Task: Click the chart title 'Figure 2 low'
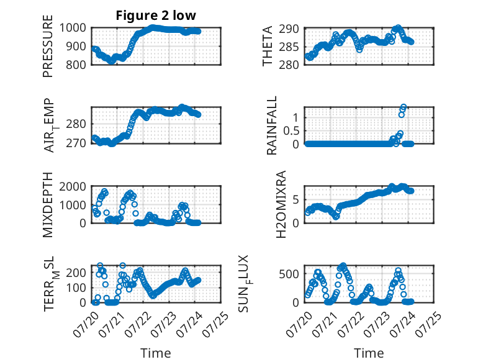[x=156, y=15]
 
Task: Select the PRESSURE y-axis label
[x=48, y=46]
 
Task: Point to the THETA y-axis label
[x=268, y=46]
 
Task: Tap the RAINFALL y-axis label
[x=272, y=125]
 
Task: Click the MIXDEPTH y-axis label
[x=48, y=205]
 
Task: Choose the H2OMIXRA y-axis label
[x=281, y=204]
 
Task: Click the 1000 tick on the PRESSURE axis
[x=73, y=28]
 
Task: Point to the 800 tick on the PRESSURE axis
[x=76, y=65]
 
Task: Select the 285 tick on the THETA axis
[x=289, y=47]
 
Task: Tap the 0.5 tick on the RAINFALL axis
[x=291, y=131]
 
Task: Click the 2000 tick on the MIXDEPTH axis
[x=73, y=187]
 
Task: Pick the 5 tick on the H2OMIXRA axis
[x=296, y=200]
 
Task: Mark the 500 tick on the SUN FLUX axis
[x=289, y=274]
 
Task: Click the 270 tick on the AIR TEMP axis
[x=76, y=143]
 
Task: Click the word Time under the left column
[x=156, y=353]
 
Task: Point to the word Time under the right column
[x=369, y=353]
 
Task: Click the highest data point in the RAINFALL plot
[x=404, y=107]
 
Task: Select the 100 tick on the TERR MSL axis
[x=76, y=287]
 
